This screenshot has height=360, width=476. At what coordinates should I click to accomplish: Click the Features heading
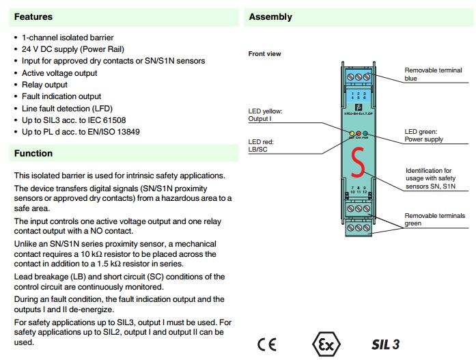point(33,16)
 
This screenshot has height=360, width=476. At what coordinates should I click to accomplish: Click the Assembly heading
point(270,16)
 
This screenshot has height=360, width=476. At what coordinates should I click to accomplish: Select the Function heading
point(33,154)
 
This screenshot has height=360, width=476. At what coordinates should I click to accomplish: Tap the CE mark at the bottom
point(267,344)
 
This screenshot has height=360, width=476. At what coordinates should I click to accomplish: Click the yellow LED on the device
point(352,134)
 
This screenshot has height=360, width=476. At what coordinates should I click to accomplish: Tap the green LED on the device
point(366,134)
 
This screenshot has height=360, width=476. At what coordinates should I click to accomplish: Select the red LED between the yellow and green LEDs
point(359,134)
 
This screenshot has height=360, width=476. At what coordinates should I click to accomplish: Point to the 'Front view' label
point(264,54)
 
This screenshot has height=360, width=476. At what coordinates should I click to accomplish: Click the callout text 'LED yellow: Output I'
point(264,115)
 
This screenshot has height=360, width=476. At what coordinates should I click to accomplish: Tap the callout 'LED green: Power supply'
point(423,135)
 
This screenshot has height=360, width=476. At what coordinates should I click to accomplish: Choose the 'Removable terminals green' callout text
point(434,219)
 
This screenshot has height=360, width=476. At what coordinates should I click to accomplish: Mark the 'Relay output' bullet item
point(44,85)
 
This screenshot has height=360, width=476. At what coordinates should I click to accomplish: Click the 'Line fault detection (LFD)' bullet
point(67,109)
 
